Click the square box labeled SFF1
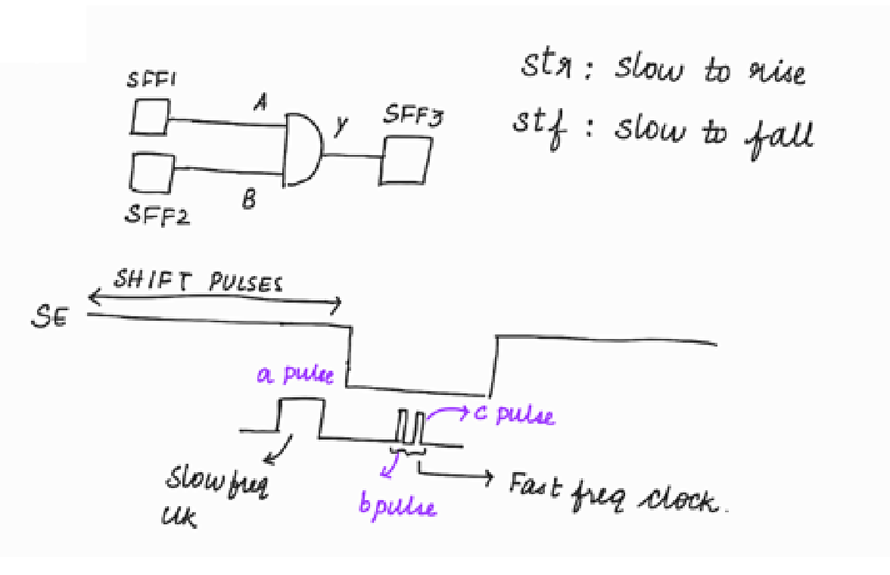[x=149, y=118]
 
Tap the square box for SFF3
[x=405, y=160]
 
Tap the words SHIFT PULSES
[x=198, y=281]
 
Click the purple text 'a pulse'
[x=295, y=375]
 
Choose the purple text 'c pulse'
[x=514, y=415]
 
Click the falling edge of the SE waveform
[x=349, y=356]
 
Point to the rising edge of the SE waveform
[x=494, y=365]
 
